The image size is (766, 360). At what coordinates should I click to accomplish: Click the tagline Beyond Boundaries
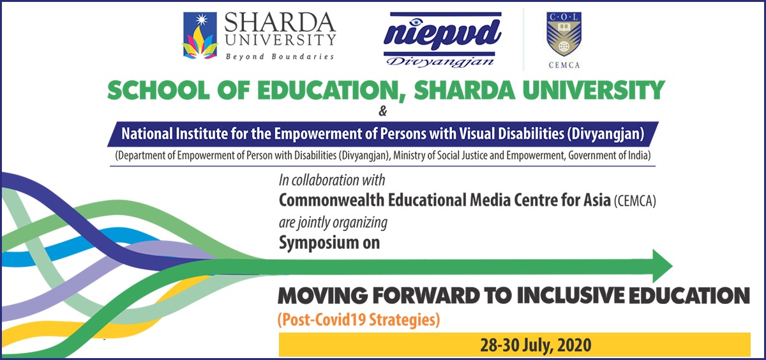(x=280, y=57)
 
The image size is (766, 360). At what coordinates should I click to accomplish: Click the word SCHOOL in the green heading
(x=153, y=91)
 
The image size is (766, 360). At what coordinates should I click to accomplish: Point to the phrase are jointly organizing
(x=333, y=223)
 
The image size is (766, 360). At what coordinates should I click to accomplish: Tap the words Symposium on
(x=329, y=243)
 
